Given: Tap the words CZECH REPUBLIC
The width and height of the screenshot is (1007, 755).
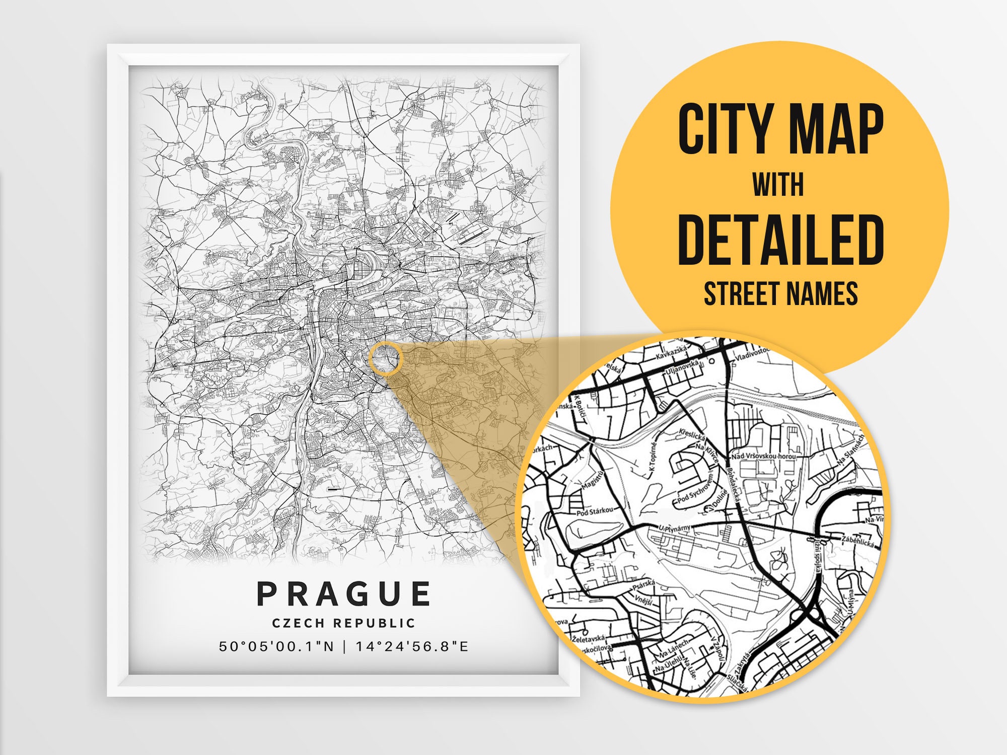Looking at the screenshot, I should (x=344, y=623).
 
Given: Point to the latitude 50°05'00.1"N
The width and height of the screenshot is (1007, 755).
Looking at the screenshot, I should (x=276, y=646).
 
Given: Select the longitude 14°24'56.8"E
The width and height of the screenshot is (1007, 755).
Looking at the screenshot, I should (x=412, y=646).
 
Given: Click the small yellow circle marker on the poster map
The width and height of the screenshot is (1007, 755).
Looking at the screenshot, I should (x=386, y=358).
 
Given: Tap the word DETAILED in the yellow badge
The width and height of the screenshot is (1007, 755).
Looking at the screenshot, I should (x=780, y=240).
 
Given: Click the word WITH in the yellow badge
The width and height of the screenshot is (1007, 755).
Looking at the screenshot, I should (x=778, y=185).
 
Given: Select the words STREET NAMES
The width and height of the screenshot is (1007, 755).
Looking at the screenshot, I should (x=780, y=293).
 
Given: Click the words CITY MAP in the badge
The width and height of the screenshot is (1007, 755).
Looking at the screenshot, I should (x=780, y=129).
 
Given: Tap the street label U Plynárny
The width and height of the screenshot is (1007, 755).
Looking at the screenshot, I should (x=675, y=528).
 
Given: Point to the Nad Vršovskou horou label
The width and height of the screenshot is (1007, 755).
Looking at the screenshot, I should (x=764, y=456).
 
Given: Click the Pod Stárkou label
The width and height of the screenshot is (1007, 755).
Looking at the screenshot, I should (x=595, y=511).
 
